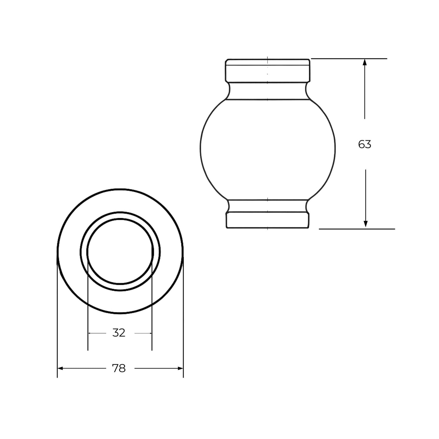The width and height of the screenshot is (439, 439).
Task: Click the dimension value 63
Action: (x=365, y=144)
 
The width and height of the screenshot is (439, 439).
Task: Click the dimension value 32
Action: (x=119, y=333)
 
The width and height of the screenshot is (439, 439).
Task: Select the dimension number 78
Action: (x=119, y=368)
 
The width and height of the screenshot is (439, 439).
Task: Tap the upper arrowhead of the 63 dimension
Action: (x=365, y=62)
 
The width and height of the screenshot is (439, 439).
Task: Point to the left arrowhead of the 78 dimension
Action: (x=60, y=368)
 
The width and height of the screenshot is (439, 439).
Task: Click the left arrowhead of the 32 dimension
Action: (x=90, y=333)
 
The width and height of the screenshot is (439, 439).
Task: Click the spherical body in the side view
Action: (x=267, y=149)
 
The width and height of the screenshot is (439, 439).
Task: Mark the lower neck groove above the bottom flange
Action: (x=267, y=206)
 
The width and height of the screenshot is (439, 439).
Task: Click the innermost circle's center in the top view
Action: (x=120, y=251)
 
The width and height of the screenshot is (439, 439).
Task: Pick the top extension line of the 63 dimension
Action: (x=349, y=58)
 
